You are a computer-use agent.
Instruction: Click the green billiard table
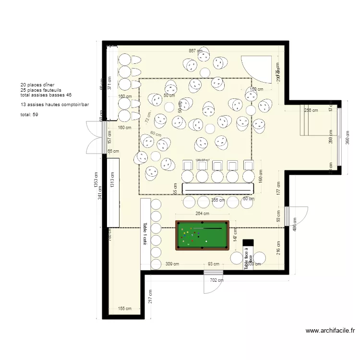202,235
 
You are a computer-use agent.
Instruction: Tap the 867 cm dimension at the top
195,51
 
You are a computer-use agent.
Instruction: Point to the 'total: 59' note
29,115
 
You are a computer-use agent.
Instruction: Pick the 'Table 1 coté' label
144,234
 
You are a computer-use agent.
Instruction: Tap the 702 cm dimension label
211,280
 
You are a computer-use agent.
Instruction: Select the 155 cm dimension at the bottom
124,309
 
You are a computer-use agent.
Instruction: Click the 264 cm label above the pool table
202,214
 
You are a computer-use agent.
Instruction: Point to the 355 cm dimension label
218,200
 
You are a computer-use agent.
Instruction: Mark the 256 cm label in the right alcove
311,110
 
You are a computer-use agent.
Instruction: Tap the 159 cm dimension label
257,89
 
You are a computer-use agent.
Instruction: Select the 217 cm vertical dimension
150,296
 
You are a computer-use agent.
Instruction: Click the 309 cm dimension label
172,264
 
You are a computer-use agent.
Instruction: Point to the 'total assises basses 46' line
46,95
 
